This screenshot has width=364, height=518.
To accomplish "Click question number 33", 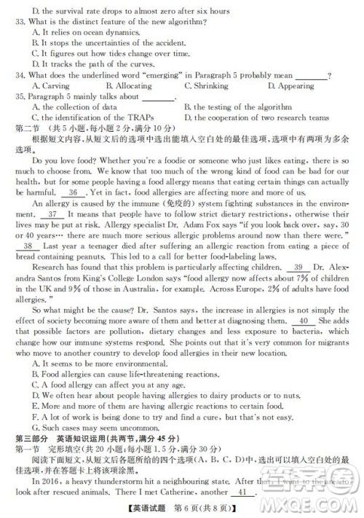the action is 20,22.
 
